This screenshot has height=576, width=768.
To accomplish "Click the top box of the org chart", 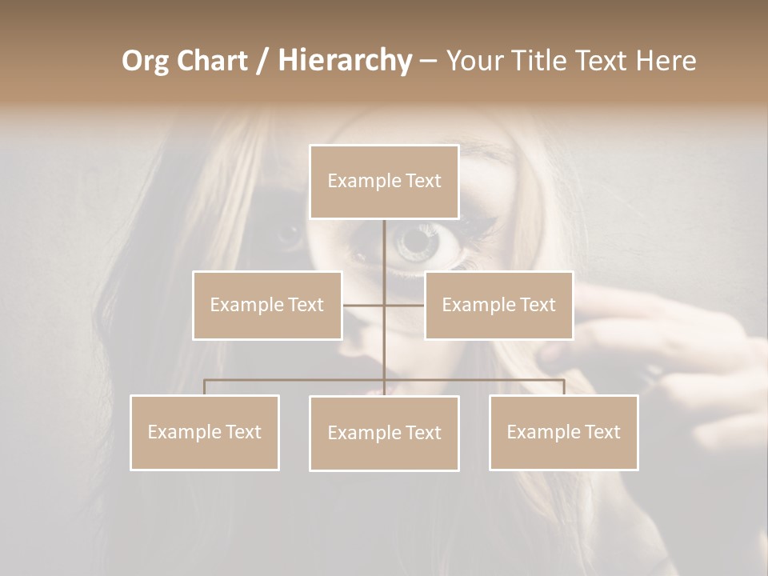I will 384,182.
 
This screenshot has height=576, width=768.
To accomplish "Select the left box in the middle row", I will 267,305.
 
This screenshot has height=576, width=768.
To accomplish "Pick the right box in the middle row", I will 498,305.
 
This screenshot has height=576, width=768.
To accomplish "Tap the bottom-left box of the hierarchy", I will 205,432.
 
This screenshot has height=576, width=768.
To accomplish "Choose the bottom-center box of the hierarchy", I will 384,433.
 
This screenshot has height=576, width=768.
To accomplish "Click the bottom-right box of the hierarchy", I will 563,432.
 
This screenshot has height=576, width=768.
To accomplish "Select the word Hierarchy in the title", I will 345,61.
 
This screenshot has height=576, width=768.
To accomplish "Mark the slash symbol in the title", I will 263,61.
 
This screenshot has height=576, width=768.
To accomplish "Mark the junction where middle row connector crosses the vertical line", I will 384,305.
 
